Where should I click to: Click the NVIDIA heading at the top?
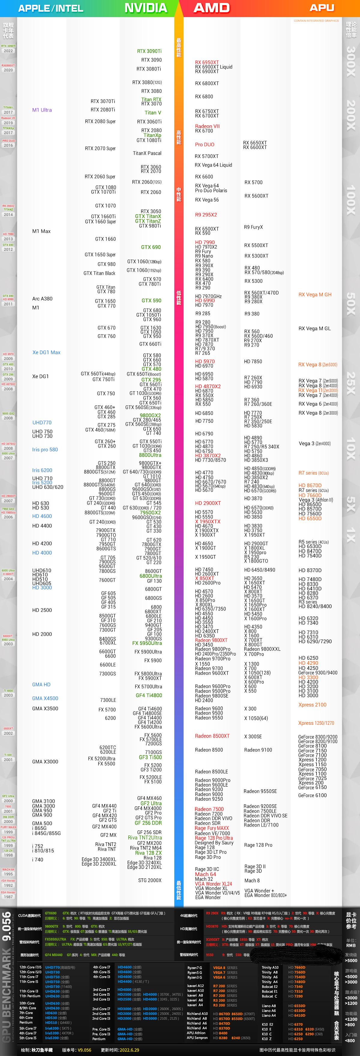tap(145, 8)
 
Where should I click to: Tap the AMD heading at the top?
tap(211, 8)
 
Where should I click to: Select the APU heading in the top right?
tap(322, 8)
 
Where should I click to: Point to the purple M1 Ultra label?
tap(42, 110)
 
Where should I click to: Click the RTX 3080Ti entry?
tap(148, 69)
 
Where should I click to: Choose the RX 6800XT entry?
tap(207, 83)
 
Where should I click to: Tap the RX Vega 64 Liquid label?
tap(213, 165)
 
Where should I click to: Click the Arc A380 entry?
tap(42, 298)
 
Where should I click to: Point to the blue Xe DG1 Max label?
tap(46, 352)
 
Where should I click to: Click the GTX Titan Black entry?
tap(99, 273)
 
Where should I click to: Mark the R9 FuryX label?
tap(253, 227)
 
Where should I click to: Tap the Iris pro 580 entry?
tap(45, 449)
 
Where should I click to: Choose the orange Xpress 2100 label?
tap(312, 705)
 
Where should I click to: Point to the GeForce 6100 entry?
tap(312, 795)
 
